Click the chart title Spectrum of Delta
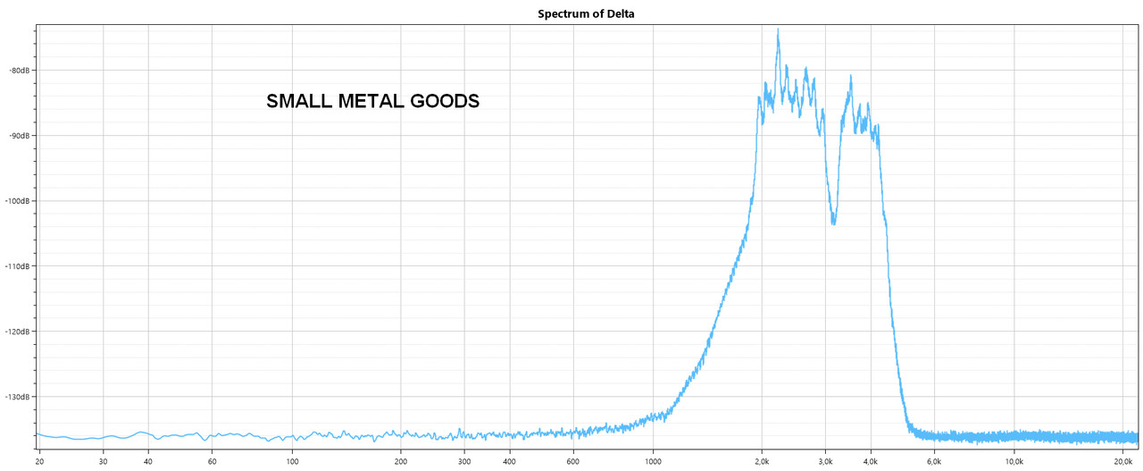(x=586, y=13)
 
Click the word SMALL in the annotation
(x=300, y=102)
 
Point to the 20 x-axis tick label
(x=39, y=462)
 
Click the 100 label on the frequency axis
(x=292, y=462)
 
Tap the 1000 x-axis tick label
(x=653, y=462)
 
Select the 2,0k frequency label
(x=762, y=462)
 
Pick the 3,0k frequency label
(x=825, y=462)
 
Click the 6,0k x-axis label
(x=934, y=462)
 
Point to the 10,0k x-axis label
(x=1014, y=462)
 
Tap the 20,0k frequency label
(x=1122, y=462)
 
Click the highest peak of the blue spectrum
(x=778, y=29)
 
